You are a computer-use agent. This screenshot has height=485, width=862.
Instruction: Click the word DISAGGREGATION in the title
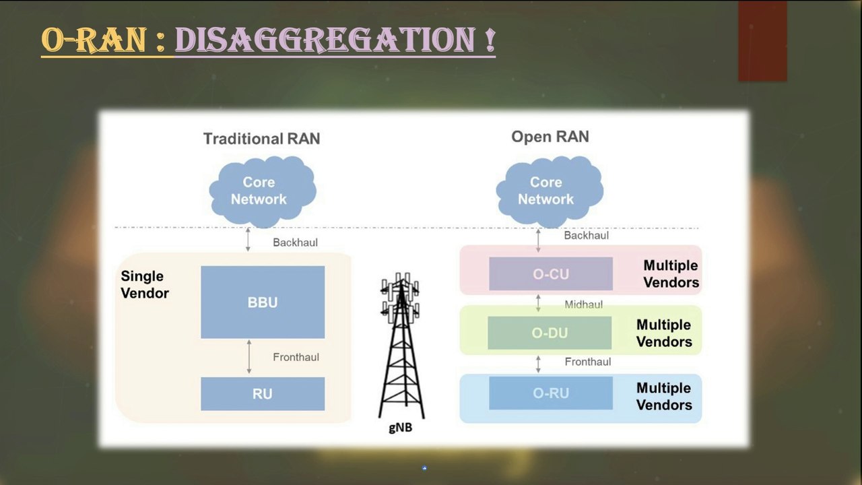tap(335, 40)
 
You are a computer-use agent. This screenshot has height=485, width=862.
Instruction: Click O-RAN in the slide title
tap(94, 40)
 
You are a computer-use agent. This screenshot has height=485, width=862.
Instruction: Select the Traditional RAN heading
tap(261, 139)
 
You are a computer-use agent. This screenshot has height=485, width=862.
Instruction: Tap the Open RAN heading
tap(550, 137)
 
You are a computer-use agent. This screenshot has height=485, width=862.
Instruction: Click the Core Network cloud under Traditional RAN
tap(260, 191)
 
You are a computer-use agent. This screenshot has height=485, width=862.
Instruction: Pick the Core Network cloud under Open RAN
tap(547, 191)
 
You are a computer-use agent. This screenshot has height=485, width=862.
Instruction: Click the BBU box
tap(263, 302)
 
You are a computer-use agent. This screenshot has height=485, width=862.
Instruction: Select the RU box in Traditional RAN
tap(263, 393)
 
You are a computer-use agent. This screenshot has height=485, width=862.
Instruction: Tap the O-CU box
tap(551, 273)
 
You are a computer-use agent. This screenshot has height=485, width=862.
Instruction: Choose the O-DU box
tap(550, 333)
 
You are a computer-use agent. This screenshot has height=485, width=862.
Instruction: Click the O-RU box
tap(551, 393)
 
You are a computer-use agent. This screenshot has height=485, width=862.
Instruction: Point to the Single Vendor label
tap(144, 284)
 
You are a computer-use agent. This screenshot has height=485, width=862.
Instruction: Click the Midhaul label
tap(583, 304)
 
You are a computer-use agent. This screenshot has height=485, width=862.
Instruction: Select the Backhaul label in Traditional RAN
tap(295, 242)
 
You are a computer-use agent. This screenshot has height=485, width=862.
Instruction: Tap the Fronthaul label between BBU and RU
tap(296, 357)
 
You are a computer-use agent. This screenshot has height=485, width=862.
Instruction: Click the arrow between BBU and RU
tap(249, 357)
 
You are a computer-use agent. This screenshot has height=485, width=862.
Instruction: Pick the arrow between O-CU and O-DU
tap(538, 302)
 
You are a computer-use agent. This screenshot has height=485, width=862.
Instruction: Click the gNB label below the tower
tap(400, 426)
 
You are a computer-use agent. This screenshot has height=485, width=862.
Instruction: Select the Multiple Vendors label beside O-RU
tap(664, 396)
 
